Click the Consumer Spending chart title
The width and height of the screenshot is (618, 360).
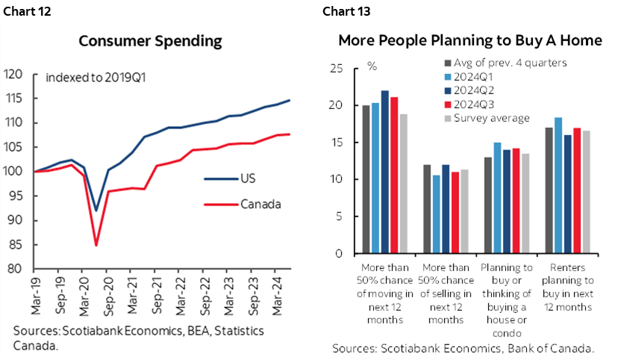pos(150,41)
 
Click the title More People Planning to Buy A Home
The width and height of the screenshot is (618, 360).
pos(469,40)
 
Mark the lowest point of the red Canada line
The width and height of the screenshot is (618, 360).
pos(96,245)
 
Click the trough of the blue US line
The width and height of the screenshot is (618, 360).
pos(96,211)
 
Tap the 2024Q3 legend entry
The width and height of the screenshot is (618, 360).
pos(473,104)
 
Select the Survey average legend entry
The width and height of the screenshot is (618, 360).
pos(490,117)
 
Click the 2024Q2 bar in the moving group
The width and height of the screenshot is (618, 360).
pos(385,172)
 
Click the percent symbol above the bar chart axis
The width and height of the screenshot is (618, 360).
pos(372,66)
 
